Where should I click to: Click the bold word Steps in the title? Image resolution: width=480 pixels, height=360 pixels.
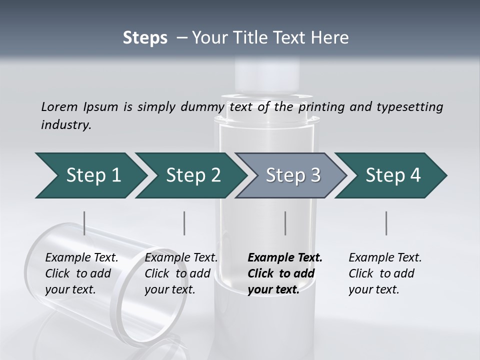pos(145,38)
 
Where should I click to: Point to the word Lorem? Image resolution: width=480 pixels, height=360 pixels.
pos(59,106)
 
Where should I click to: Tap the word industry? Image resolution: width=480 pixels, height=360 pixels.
pos(66,124)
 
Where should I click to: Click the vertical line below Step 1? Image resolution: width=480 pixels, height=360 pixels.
pos(84,223)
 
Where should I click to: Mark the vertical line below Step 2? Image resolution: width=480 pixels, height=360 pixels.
pos(184,223)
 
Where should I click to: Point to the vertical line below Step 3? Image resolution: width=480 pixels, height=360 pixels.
pos(285,223)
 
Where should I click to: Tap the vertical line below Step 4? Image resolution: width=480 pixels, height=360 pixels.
pos(386,223)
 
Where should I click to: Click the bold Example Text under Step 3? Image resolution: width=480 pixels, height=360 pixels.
pos(285,258)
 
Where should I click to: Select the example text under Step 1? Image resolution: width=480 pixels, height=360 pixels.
pos(81,273)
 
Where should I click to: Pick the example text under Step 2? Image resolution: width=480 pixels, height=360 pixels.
pos(181,273)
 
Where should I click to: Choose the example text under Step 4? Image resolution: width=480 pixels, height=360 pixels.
pos(385,273)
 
